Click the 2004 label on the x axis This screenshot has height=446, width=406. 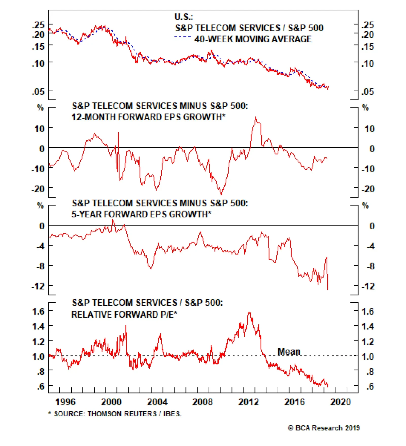point(157,402)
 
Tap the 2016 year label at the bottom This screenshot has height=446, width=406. point(294,402)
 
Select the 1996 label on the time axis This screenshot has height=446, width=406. point(65,402)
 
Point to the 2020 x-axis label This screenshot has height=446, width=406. point(341,402)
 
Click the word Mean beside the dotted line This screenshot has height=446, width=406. point(289,352)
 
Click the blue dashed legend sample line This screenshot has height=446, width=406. point(182,37)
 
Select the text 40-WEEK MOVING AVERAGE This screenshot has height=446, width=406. point(253,39)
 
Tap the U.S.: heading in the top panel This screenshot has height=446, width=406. point(183,17)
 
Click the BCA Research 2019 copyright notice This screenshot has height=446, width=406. point(324,428)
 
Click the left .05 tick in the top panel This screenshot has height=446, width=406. point(38,92)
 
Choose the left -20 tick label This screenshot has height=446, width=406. point(38,189)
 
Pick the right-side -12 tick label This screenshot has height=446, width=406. point(368,286)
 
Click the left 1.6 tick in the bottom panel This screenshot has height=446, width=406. point(38,311)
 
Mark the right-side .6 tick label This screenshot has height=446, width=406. point(370,386)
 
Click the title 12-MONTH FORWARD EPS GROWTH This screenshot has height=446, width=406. point(148,117)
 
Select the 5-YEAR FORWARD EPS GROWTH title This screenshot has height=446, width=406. point(141,214)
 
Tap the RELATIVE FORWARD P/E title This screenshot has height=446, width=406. point(124,314)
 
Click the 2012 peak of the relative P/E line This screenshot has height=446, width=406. point(249,313)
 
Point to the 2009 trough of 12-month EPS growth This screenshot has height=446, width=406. point(222,194)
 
